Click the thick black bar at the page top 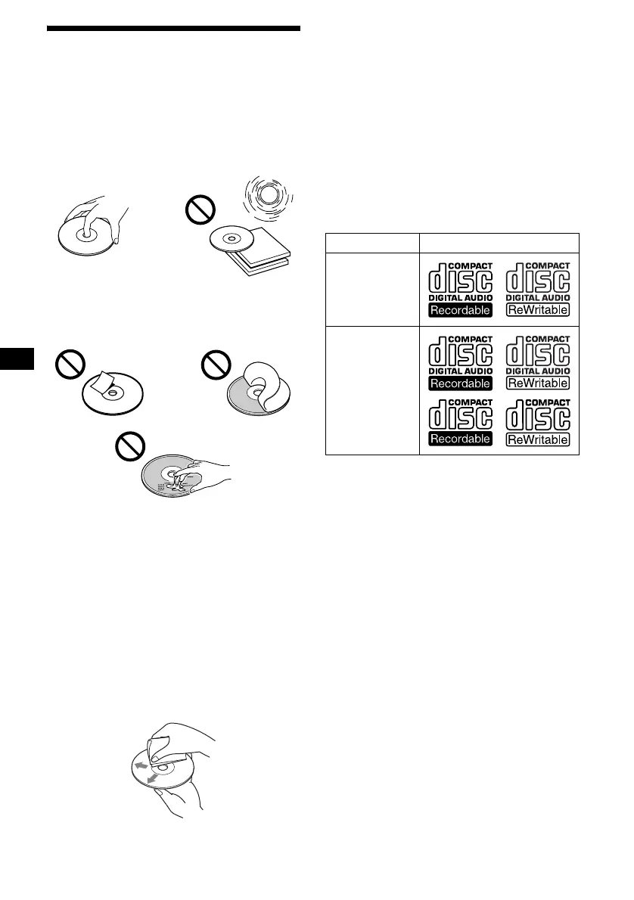(174, 30)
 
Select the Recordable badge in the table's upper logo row (460, 310)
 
